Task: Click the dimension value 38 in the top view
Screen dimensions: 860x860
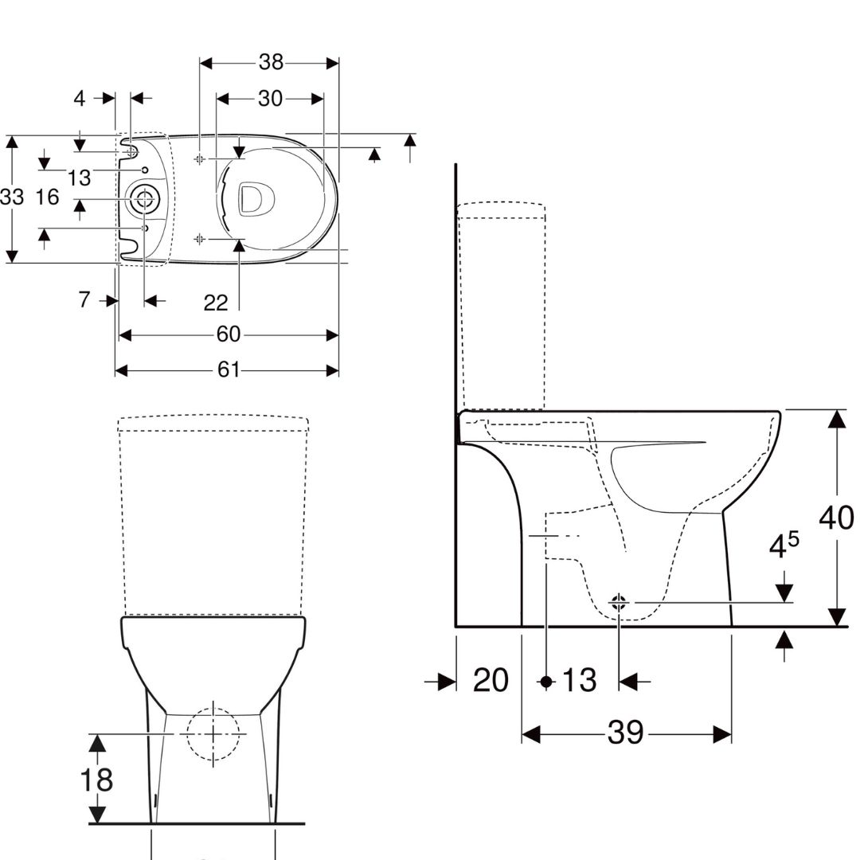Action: (x=271, y=63)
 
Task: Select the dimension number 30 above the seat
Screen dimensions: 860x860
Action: (x=270, y=99)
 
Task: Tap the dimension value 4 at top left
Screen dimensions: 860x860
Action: (x=80, y=99)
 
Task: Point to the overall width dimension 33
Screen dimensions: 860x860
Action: (x=12, y=197)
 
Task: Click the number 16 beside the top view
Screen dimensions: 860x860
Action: (x=48, y=197)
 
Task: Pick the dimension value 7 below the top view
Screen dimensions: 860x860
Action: (x=84, y=300)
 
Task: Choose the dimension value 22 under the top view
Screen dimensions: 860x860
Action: (x=216, y=303)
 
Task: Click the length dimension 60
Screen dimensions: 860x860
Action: (x=229, y=334)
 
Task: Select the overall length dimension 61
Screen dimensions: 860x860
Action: (x=229, y=370)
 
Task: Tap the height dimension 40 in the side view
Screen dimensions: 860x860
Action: (x=836, y=518)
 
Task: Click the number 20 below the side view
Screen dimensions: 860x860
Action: (x=491, y=681)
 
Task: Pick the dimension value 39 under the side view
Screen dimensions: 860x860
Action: (x=625, y=733)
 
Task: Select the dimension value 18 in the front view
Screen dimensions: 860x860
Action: (x=96, y=780)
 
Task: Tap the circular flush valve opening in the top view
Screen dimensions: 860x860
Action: (x=144, y=199)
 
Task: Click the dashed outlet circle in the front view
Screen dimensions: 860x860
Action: (x=213, y=733)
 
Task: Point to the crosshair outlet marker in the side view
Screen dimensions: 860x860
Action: (x=620, y=603)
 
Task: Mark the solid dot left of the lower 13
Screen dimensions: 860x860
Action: (x=546, y=682)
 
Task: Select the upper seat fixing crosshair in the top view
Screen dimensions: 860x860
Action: (x=199, y=159)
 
